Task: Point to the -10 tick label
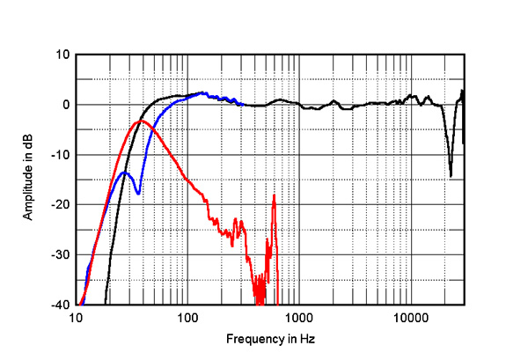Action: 60,155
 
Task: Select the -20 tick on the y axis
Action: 60,205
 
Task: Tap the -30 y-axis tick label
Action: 60,255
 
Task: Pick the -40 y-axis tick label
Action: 60,305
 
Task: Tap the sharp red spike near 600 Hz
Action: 275,195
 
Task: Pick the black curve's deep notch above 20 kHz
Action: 451,175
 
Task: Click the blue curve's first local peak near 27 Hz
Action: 125,173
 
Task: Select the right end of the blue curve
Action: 243,104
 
